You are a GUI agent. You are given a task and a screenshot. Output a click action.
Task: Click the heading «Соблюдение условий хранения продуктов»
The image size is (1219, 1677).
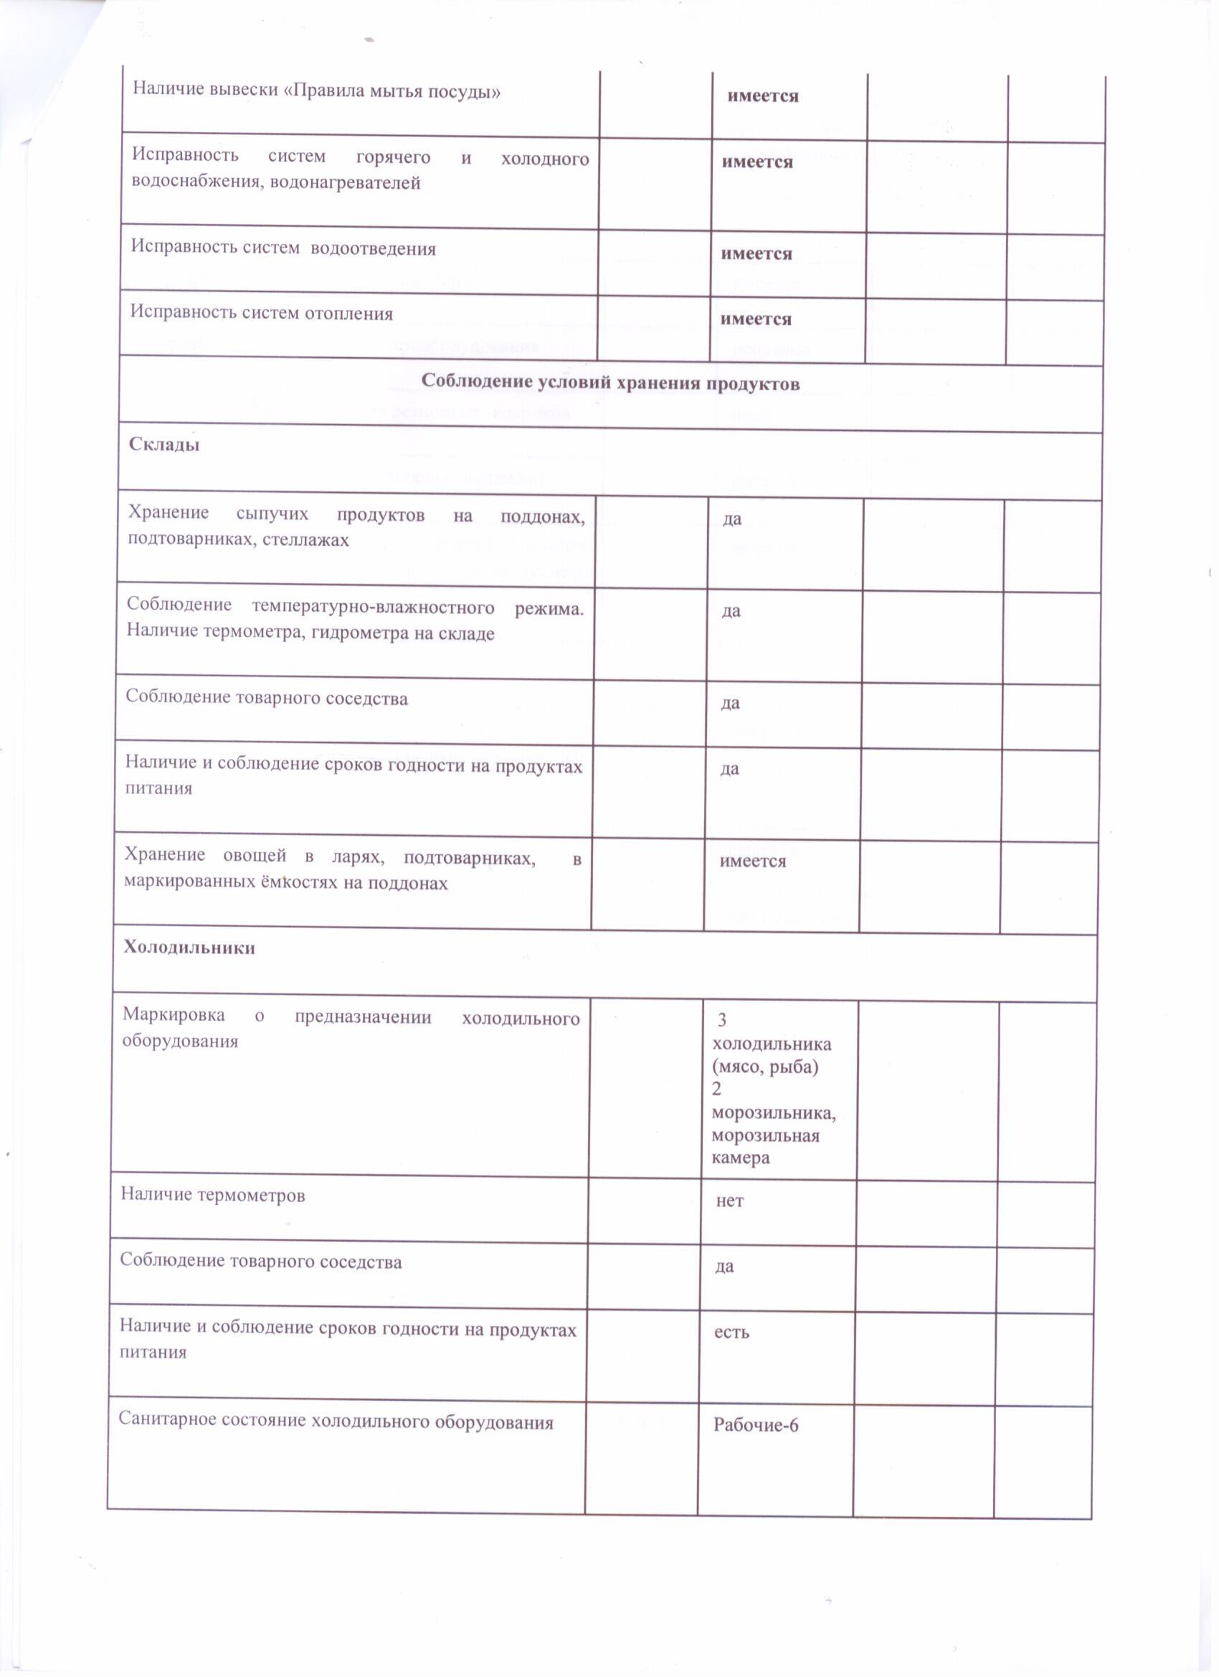click(610, 383)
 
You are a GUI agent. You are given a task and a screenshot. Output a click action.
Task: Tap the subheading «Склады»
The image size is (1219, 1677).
click(164, 444)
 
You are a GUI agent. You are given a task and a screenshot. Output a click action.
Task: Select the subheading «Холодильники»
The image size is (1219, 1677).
click(189, 948)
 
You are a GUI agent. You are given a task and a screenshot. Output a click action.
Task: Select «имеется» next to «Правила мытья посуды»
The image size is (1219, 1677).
click(763, 96)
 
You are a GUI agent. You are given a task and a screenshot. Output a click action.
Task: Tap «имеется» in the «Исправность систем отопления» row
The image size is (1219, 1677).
click(756, 318)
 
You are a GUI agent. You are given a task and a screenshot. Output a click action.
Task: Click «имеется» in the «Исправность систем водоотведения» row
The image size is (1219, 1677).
click(756, 254)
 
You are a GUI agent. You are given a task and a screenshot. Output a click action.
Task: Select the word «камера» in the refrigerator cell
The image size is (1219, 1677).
click(741, 1158)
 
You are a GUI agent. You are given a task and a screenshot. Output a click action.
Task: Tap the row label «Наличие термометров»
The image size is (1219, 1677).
click(213, 1196)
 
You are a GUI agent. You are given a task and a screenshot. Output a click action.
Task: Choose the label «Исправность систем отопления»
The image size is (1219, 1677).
click(262, 313)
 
